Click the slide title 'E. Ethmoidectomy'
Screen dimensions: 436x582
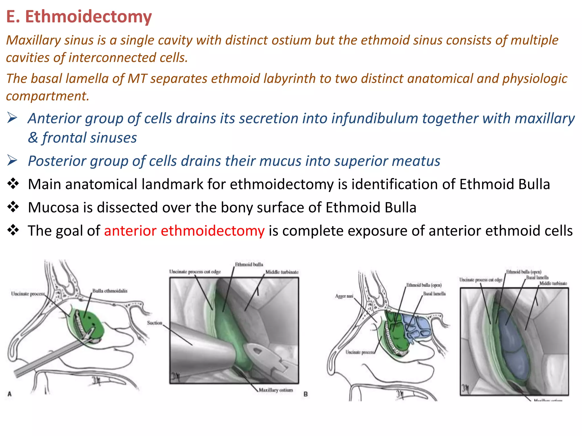coord(79,16)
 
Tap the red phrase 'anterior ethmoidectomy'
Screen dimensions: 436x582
coord(184,230)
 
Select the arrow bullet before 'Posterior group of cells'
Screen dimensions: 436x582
coord(13,161)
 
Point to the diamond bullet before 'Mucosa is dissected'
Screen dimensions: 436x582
coord(13,207)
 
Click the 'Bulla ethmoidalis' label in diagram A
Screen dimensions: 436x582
coord(110,291)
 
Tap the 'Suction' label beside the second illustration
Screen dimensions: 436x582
coord(154,323)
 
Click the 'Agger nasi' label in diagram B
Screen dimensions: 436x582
coord(344,296)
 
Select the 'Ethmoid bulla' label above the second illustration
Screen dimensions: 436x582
coord(249,265)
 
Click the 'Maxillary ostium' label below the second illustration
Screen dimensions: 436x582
coord(275,390)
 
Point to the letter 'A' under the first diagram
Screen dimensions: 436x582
coord(10,394)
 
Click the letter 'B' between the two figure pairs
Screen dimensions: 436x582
coord(305,394)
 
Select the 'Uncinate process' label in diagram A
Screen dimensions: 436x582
coord(28,294)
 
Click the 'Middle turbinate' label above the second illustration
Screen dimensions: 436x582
coord(282,272)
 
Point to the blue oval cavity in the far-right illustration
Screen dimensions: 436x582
coord(512,341)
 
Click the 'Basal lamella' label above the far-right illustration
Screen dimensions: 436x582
coord(537,278)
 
